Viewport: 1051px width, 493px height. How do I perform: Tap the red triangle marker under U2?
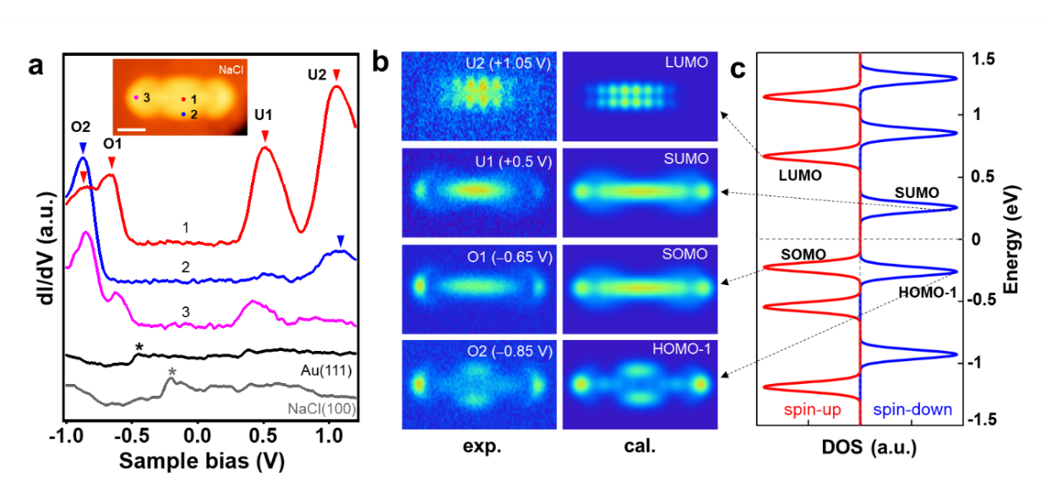coord(336,76)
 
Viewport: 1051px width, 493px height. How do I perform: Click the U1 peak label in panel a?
coord(265,114)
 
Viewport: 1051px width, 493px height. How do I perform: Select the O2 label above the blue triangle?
coord(81,127)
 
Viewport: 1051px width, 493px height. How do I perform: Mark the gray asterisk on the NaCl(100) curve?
coord(172,371)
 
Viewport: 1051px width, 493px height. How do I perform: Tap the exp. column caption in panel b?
coord(479,448)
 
